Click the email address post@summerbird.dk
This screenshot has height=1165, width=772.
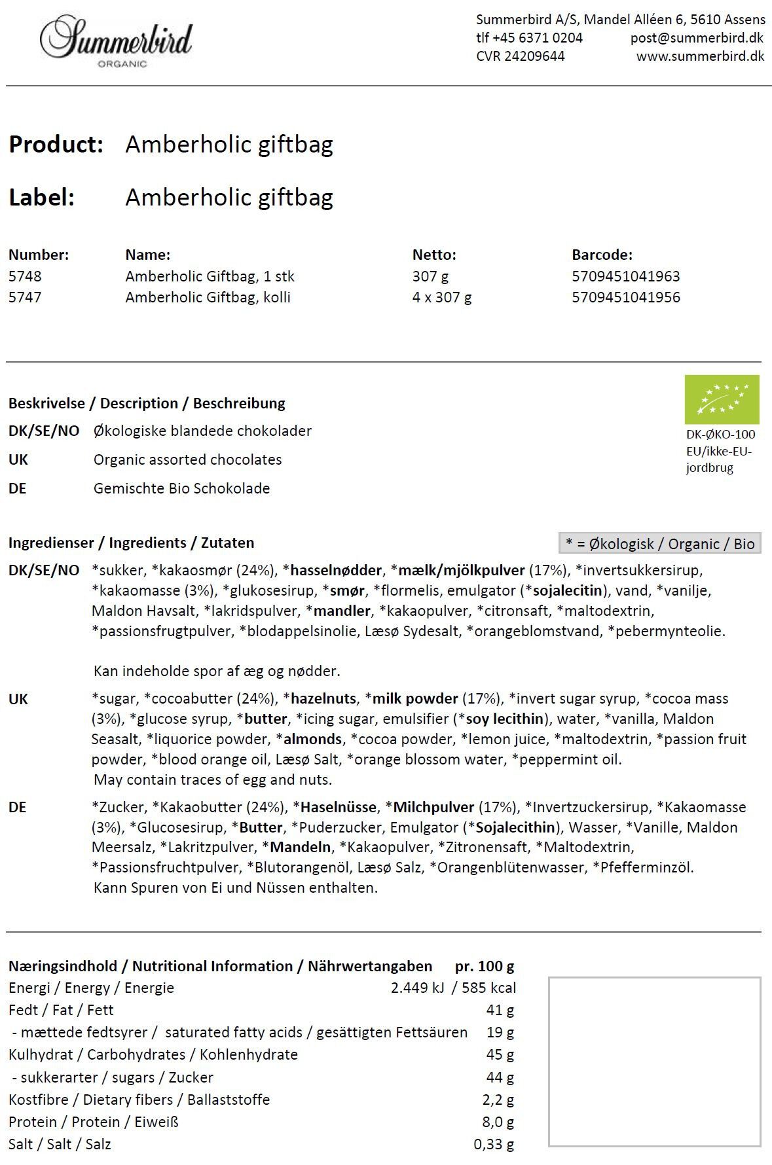pos(697,38)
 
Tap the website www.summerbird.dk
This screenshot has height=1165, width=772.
pos(700,56)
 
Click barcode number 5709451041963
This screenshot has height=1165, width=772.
pos(625,276)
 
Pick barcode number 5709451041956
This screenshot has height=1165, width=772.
pos(625,297)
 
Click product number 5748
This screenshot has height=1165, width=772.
pos(25,276)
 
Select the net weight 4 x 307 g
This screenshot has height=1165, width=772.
pos(441,297)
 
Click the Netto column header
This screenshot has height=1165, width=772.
pos(433,255)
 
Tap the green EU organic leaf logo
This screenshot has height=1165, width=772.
pos(722,399)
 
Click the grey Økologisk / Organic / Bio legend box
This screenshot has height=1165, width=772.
pos(659,543)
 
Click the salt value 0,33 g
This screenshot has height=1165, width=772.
pos(494,1144)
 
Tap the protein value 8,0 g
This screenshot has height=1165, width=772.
pos(498,1122)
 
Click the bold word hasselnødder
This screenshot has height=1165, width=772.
pos(336,570)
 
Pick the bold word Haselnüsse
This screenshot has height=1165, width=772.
pos(338,807)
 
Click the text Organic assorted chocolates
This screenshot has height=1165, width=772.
pos(187,459)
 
